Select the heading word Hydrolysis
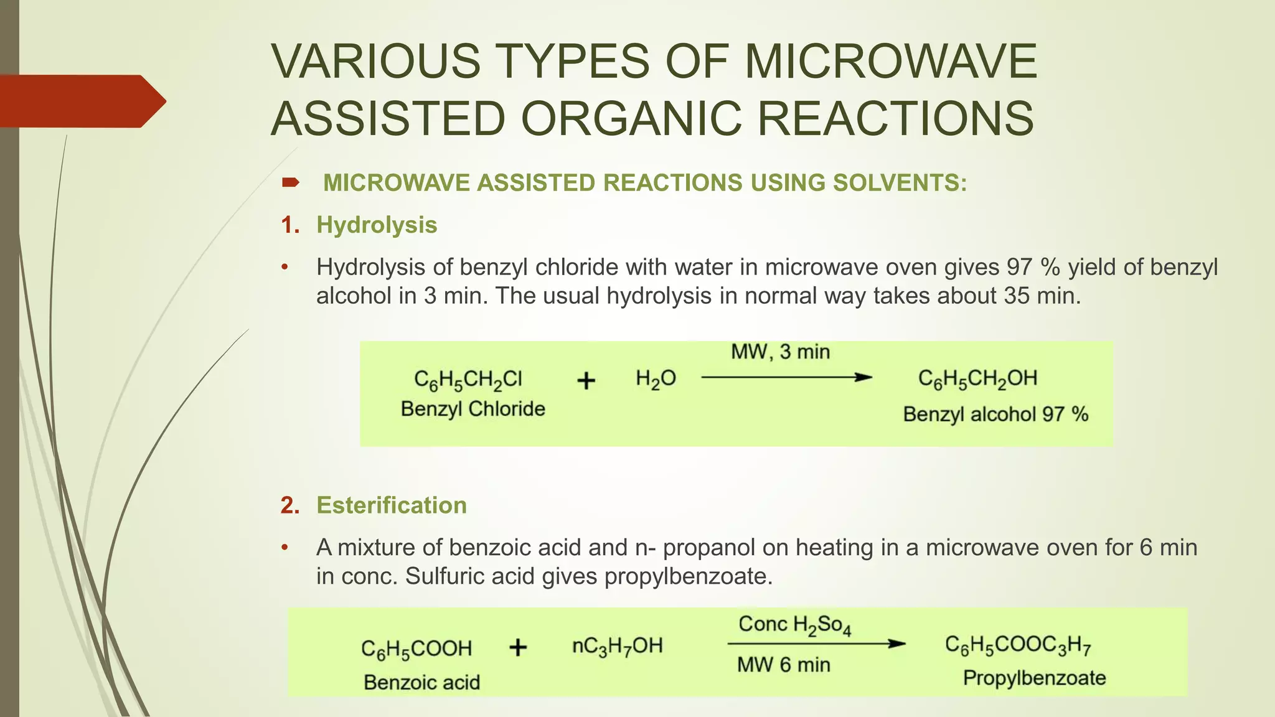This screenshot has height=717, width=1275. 377,225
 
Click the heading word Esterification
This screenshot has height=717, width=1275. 391,505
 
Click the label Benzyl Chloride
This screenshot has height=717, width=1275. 473,409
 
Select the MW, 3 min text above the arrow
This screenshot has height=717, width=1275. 780,352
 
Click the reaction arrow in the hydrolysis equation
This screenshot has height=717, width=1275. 786,377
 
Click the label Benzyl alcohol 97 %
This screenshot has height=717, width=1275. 995,415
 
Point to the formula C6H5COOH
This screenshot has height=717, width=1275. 416,649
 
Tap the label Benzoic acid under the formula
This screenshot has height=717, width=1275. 421,683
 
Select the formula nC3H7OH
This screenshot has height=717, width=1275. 617,647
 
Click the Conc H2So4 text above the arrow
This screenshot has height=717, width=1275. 794,625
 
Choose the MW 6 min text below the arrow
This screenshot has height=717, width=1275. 783,665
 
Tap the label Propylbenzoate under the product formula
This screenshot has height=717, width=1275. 1034,678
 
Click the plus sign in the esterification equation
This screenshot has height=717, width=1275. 518,648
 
